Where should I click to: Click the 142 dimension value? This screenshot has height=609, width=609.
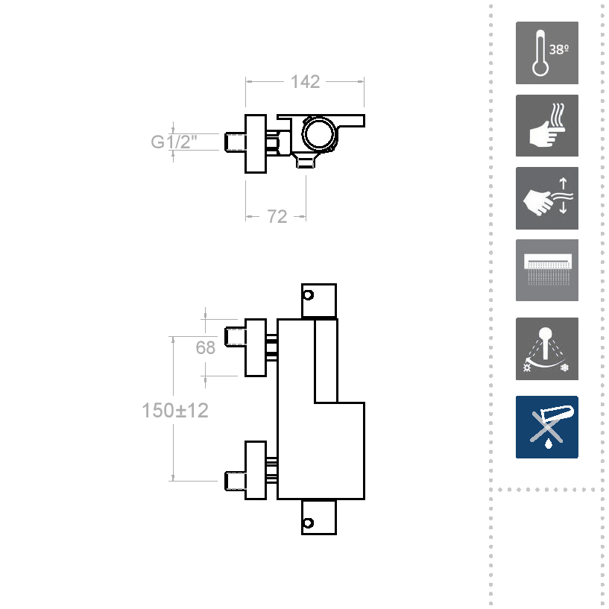[306, 82]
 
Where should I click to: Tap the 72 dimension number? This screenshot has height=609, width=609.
[277, 217]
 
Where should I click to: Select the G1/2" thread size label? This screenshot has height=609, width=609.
[174, 142]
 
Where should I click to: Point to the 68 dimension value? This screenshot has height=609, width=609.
[205, 347]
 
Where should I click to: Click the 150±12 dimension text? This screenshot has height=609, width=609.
[174, 410]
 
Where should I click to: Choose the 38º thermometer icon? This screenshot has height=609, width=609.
[547, 53]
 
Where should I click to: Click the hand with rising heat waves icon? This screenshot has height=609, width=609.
[547, 125]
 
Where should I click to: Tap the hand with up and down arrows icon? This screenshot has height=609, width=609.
[547, 198]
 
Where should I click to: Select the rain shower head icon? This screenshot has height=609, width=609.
[547, 271]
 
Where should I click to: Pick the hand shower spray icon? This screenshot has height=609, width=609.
[547, 349]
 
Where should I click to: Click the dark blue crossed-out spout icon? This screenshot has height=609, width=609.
[547, 427]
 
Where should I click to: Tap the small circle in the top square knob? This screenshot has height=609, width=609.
[309, 295]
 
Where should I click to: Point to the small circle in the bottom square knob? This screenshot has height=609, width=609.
[309, 523]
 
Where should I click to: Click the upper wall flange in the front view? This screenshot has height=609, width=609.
[256, 347]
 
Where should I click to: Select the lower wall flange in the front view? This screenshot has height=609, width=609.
[256, 470]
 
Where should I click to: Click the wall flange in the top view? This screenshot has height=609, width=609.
[256, 144]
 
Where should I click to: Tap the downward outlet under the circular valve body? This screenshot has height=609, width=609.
[306, 160]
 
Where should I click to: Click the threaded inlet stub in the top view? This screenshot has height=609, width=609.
[235, 142]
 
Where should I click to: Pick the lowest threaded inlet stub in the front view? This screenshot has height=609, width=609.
[235, 481]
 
